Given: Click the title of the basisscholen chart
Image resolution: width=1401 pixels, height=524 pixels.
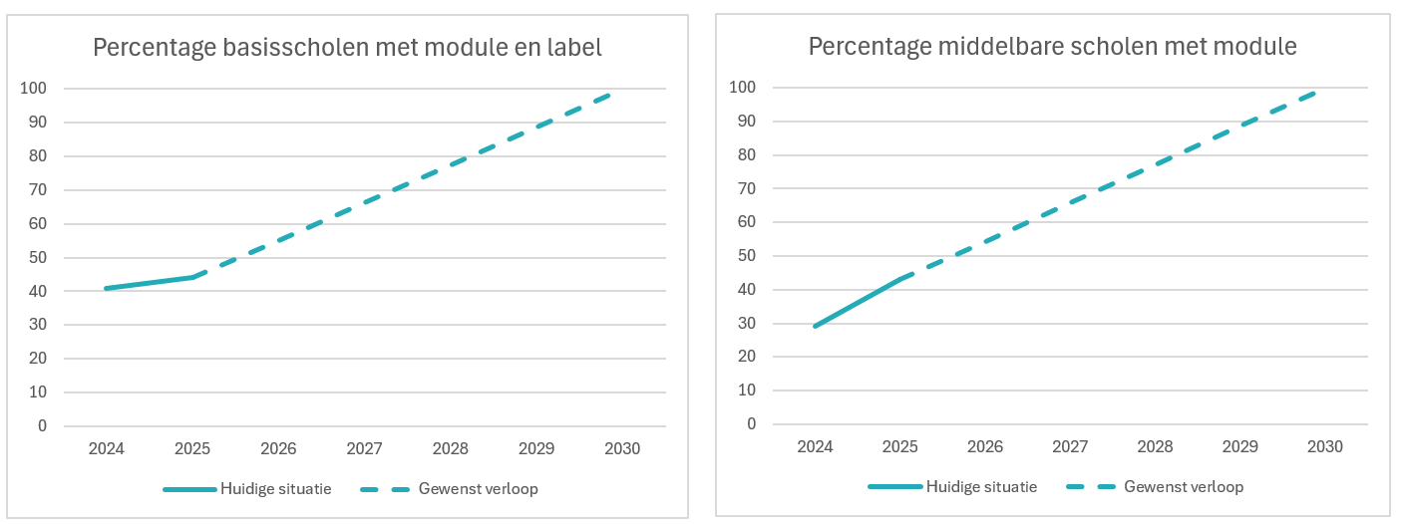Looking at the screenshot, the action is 347,48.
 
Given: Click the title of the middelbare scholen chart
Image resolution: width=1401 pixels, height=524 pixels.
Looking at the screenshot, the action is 1053,47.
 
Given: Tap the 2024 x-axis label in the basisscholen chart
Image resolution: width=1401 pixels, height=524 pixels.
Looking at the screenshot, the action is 107,448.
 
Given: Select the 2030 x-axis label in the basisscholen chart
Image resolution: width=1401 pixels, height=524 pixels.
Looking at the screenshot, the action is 622,448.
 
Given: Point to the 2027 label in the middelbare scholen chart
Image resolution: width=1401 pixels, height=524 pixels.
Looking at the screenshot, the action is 1070,446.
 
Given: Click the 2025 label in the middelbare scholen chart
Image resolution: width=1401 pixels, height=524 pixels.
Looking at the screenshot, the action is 900,446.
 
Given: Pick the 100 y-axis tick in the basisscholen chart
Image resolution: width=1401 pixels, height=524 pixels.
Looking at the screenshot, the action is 33,88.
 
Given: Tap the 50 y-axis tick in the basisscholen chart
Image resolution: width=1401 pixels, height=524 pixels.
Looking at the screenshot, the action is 38,257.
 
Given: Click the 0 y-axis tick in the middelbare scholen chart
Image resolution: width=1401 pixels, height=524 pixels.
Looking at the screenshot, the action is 751,424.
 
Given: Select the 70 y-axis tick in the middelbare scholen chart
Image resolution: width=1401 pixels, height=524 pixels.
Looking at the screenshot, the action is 746,188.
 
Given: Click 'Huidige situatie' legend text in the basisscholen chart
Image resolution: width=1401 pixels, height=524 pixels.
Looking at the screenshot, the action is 276,489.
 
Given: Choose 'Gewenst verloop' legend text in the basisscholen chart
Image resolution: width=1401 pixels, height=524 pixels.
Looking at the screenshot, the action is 478,489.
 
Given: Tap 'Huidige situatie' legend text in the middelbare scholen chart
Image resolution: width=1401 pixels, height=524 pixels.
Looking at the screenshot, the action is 981,487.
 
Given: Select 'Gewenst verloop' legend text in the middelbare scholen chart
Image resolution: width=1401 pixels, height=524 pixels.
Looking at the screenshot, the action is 1184,487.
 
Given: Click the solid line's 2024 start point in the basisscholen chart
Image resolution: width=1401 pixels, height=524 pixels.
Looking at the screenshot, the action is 107,289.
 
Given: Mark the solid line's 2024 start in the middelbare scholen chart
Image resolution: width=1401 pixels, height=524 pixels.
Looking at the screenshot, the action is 815,326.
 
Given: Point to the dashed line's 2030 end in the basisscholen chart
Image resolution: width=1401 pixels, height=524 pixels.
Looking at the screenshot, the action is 608,95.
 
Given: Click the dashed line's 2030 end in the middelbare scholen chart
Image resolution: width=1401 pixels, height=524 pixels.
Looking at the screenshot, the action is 1314,94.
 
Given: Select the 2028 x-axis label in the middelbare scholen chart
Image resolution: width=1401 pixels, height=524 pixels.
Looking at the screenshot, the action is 1155,446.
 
